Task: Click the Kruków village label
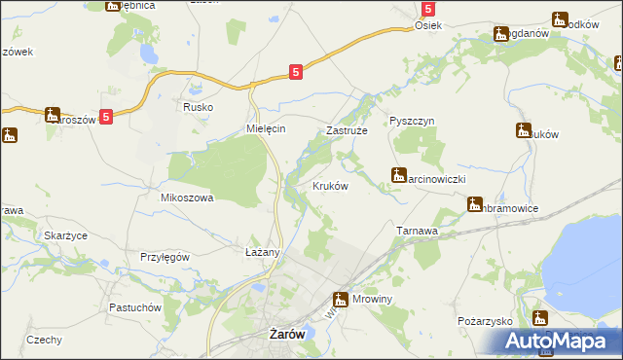330,186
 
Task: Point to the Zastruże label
345,129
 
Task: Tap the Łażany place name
262,252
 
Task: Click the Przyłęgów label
164,257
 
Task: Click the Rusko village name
199,108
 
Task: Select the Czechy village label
45,340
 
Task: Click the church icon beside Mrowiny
341,300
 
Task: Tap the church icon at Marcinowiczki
397,175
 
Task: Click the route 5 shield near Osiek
427,8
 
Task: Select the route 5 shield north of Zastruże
296,70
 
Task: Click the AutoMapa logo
562,341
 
